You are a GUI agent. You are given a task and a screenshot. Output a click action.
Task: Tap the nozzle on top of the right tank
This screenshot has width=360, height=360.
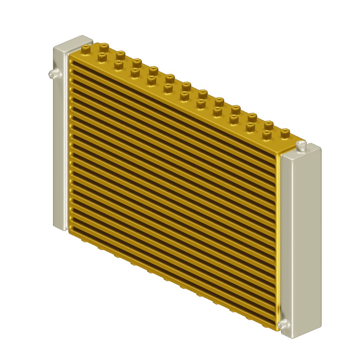[301, 145]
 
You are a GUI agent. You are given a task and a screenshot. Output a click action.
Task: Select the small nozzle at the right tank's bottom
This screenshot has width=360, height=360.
[282, 323]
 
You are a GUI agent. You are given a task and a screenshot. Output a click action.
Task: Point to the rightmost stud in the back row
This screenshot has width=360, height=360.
[285, 133]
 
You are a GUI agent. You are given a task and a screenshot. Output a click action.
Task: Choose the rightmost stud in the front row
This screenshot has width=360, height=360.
[266, 135]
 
